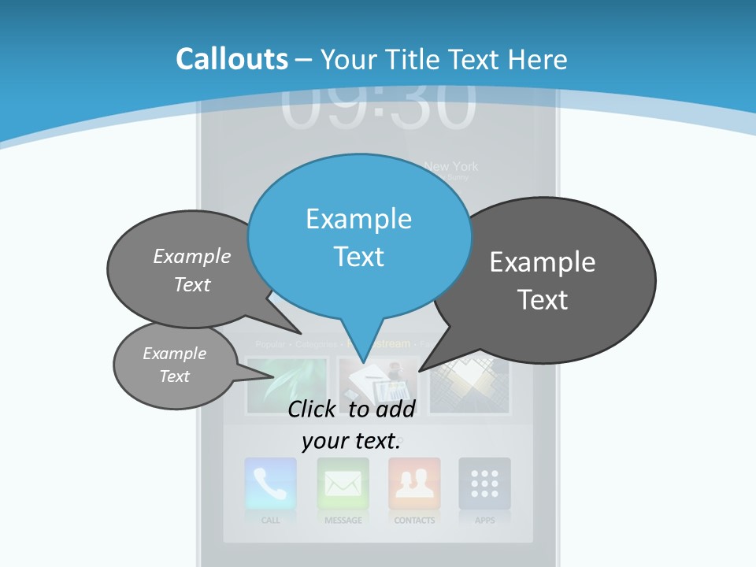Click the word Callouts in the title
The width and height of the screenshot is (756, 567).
[x=232, y=59]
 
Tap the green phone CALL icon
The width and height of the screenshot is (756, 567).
[x=270, y=484]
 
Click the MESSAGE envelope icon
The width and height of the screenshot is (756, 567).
[x=343, y=484]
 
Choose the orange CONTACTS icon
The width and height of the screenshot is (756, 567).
[x=414, y=484]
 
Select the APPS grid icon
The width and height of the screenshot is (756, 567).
[x=484, y=484]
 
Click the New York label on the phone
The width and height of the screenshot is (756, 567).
[x=450, y=166]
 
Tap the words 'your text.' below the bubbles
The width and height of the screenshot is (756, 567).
[x=351, y=441]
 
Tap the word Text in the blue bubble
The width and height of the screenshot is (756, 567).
[x=359, y=257]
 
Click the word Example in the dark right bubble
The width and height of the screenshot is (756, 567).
[x=543, y=262]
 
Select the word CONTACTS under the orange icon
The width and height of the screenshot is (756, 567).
[x=414, y=521]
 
